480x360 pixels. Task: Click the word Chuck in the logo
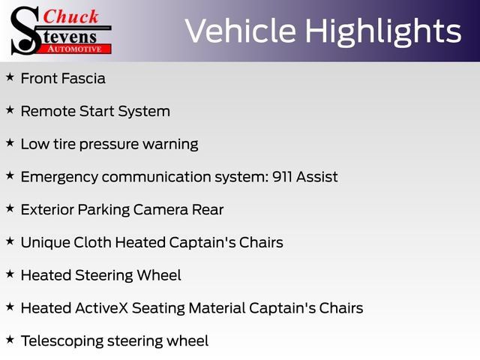[71, 16]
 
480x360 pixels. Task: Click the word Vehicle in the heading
[241, 31]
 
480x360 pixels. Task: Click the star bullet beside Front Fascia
[10, 77]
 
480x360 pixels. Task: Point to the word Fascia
[83, 78]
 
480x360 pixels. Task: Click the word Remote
[48, 111]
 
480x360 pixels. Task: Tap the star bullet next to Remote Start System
[10, 110]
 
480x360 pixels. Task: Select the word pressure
[109, 145]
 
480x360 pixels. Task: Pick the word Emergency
[59, 178]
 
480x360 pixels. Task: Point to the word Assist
[316, 177]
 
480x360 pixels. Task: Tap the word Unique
[45, 243]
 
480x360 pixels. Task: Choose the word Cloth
[92, 242]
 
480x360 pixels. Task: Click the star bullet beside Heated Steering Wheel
[10, 274]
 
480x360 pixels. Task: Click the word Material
[217, 308]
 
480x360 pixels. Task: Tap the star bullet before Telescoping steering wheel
[10, 340]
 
